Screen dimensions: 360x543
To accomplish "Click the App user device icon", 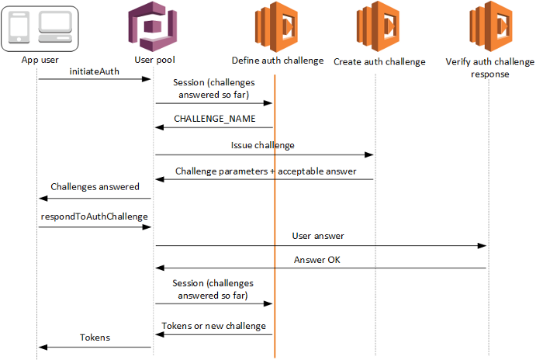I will [x=39, y=27].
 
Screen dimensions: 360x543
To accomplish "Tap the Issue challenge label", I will [x=263, y=145].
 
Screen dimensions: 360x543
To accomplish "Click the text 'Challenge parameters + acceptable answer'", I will [x=265, y=171].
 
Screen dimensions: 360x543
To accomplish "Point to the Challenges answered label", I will [x=95, y=186].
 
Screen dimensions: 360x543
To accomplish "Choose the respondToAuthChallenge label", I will [x=94, y=216].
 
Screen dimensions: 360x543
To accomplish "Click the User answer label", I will [x=318, y=236].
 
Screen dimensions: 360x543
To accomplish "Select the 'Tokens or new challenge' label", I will [x=213, y=325].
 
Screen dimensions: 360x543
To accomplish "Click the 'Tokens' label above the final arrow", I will [x=95, y=337].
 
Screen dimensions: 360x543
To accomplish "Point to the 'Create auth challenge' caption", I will [x=379, y=61].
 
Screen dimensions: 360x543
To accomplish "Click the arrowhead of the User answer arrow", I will [x=482, y=246].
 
